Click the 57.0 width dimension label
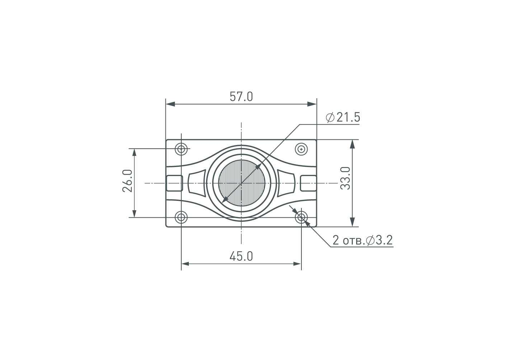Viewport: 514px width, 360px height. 241,96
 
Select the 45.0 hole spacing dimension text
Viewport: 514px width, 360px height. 241,256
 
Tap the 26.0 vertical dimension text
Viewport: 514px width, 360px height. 127,181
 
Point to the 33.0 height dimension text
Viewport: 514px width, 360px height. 345,178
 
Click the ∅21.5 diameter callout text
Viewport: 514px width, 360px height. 343,117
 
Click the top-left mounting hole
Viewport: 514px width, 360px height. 181,149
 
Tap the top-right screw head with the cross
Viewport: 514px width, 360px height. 301,149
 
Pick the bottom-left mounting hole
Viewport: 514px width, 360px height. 181,217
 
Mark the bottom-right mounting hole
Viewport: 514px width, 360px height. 301,217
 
